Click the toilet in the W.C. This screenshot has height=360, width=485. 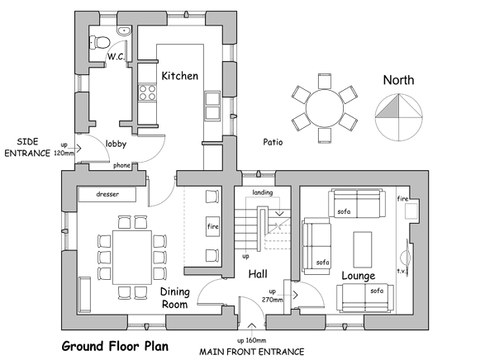pyautogui.click(x=100, y=42)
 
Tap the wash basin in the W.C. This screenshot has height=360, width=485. pyautogui.click(x=124, y=31)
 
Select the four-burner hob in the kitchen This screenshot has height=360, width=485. pyautogui.click(x=147, y=92)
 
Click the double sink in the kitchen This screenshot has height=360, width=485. pyautogui.click(x=213, y=106)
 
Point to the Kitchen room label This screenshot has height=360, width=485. pyautogui.click(x=180, y=76)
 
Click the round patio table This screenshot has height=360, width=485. pyautogui.click(x=325, y=108)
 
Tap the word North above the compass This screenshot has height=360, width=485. pyautogui.click(x=398, y=80)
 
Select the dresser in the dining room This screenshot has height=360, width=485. pyautogui.click(x=107, y=194)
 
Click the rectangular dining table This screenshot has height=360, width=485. pyautogui.click(x=132, y=257)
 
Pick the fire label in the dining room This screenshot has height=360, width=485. pyautogui.click(x=213, y=226)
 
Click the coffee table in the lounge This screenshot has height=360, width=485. pyautogui.click(x=363, y=249)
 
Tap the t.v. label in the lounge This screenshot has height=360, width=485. pyautogui.click(x=402, y=271)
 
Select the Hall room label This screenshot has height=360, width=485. pyautogui.click(x=258, y=274)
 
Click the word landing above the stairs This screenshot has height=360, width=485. pyautogui.click(x=263, y=192)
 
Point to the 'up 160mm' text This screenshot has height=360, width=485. pyautogui.click(x=252, y=340)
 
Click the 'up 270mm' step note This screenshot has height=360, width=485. pyautogui.click(x=272, y=296)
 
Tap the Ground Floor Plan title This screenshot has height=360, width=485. pyautogui.click(x=115, y=346)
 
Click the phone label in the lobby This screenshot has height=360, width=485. pyautogui.click(x=121, y=165)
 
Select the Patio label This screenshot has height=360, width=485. pyautogui.click(x=273, y=142)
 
